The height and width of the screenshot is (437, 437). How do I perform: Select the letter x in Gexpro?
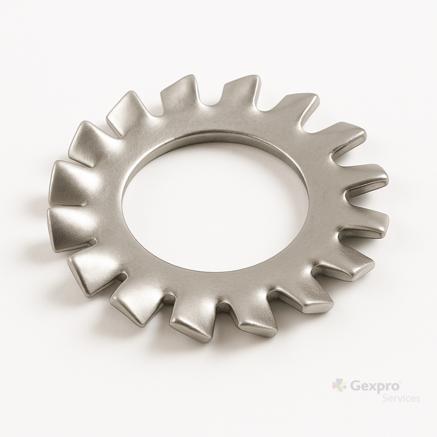pos(373,387)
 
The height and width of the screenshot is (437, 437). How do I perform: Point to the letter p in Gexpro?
pos(383,389)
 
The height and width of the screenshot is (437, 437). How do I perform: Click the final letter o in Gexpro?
pos(396,387)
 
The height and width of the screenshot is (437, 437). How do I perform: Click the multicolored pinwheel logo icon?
pos(339,386)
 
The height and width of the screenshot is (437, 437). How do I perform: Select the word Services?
pos(401,398)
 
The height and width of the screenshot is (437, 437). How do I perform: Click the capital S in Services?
pos(385,398)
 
